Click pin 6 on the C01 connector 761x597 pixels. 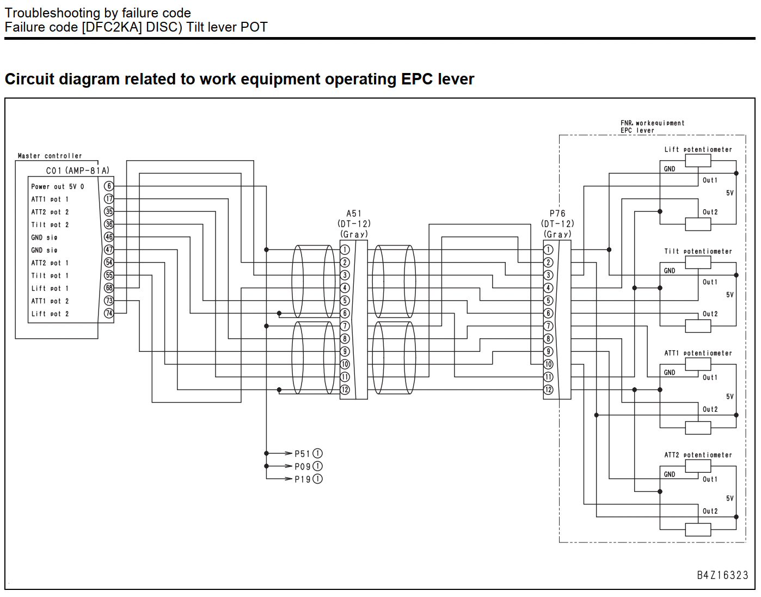click(109, 186)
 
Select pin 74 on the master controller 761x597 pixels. click(109, 313)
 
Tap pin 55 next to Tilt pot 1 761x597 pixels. click(109, 275)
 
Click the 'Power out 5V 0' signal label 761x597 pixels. click(58, 186)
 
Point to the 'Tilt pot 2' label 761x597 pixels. click(50, 224)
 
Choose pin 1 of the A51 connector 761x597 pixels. click(345, 249)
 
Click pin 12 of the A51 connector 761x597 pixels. click(345, 389)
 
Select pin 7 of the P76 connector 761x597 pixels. click(548, 326)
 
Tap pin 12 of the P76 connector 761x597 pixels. click(548, 389)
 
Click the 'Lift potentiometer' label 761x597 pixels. click(698, 150)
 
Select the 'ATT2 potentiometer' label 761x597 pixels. click(698, 455)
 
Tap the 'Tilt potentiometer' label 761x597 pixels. click(698, 252)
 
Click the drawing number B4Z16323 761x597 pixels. click(722, 575)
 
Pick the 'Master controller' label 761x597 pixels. click(50, 156)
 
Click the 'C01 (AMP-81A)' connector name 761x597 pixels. click(78, 170)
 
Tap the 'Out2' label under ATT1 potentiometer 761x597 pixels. click(710, 409)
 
